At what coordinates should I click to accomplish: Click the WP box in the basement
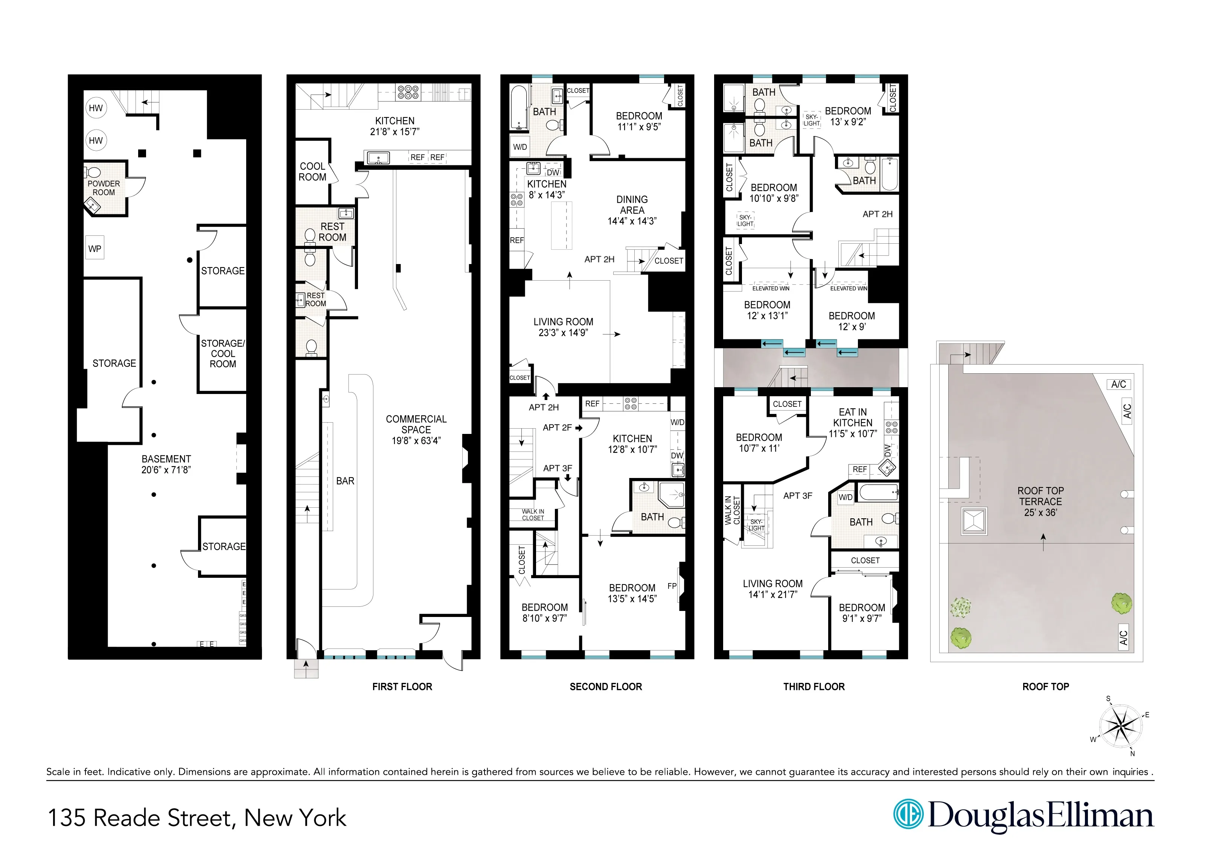(x=95, y=249)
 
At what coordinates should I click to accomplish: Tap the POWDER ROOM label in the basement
(x=104, y=188)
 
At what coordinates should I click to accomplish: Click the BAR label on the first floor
(x=345, y=481)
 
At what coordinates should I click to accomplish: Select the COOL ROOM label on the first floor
(x=312, y=172)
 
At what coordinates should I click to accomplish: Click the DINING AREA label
(x=632, y=205)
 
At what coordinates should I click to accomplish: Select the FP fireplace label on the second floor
(x=672, y=586)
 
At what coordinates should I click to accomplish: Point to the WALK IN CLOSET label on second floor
(x=533, y=515)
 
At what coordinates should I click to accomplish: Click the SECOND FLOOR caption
(x=606, y=687)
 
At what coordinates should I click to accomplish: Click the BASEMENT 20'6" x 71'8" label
(x=166, y=464)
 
